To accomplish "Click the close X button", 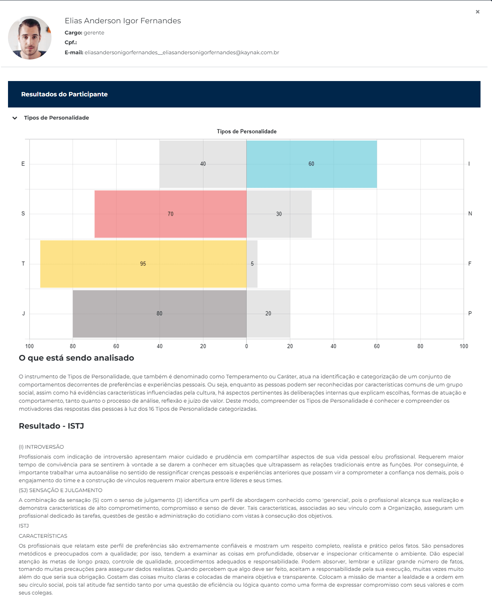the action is coord(477,12).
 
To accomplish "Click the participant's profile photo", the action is coord(30,38).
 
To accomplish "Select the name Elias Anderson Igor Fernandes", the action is coord(123,21).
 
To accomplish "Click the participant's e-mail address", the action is coord(182,53).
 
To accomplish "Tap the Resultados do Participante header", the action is coord(64,94).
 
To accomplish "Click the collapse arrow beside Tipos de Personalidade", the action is coord(15,118).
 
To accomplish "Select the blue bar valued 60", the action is coord(312,164).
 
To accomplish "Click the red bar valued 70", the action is coord(170,214).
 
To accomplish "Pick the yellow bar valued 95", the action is coord(143,264).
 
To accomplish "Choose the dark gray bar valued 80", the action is coord(160,314).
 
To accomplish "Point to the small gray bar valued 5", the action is coord(252,264).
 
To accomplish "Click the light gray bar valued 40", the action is coord(203,164).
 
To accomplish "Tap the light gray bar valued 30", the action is coord(279,214).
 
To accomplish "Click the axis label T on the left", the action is coord(23,264).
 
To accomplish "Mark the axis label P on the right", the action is coord(470,313).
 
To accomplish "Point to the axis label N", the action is coord(470,214).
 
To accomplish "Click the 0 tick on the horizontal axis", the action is coord(247,346).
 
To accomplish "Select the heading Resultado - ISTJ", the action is coord(51,426).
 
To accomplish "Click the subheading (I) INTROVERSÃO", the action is coord(41,447).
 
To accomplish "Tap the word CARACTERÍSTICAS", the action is coord(43,536).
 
